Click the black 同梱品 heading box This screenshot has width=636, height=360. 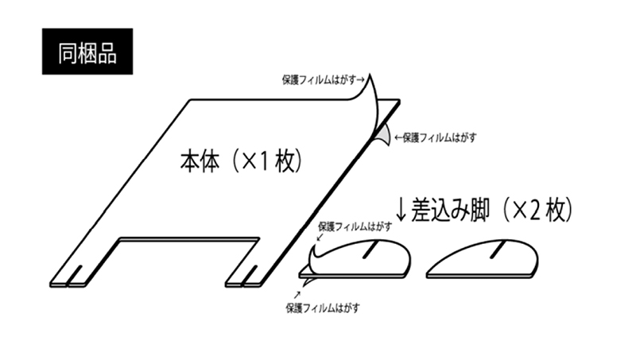[x=87, y=52]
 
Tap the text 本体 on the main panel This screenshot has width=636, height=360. [x=200, y=161]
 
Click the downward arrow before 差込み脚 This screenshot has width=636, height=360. [x=401, y=210]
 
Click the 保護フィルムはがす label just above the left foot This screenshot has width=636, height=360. [x=355, y=226]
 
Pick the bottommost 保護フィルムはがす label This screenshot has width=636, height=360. [x=323, y=308]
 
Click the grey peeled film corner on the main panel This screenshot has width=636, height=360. [x=383, y=135]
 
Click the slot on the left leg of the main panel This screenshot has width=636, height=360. [x=74, y=275]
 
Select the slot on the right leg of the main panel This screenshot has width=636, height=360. [x=250, y=275]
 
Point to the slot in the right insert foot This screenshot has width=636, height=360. [x=498, y=250]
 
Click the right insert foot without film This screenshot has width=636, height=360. [x=483, y=259]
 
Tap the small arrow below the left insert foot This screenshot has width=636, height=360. [x=297, y=295]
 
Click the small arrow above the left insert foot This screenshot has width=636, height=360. [x=320, y=237]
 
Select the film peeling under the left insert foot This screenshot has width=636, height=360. [x=309, y=281]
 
